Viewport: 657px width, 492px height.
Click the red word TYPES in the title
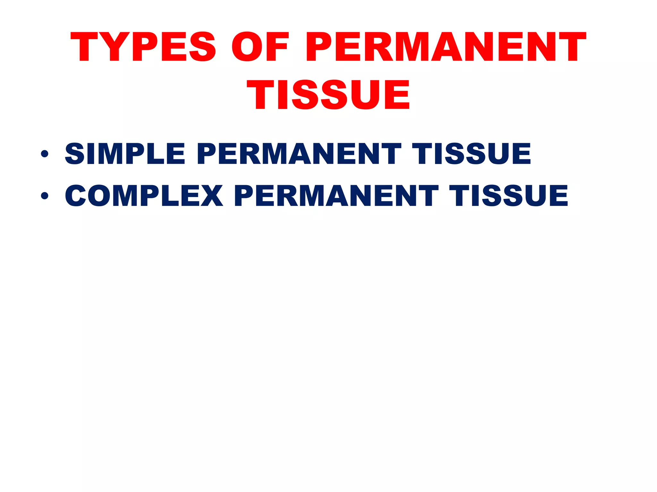tap(143, 47)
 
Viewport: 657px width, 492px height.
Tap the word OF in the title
tap(260, 47)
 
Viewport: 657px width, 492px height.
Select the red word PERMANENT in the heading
tap(446, 47)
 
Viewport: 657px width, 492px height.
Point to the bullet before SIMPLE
tap(45, 154)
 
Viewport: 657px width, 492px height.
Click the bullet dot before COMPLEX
tap(45, 195)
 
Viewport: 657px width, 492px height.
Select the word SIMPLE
tap(125, 154)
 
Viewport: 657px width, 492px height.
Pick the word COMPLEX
tap(144, 195)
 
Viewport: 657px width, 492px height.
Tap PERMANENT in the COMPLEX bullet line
tap(336, 195)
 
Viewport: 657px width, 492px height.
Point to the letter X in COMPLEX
tap(211, 195)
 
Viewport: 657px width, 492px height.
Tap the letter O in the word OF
tap(247, 47)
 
